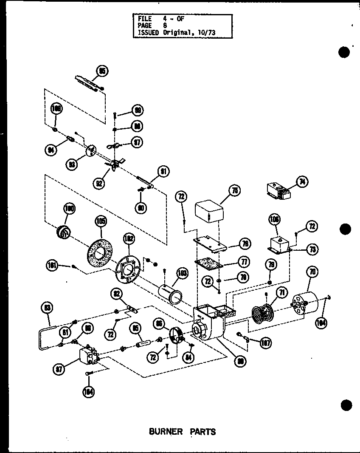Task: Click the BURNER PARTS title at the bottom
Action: (182, 431)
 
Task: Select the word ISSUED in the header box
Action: (148, 32)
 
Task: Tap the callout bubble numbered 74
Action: (302, 182)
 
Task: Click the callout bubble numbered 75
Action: (233, 192)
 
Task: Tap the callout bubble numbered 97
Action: (137, 142)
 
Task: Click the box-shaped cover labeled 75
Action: (209, 212)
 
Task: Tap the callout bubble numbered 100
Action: (69, 209)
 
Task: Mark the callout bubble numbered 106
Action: (275, 220)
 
